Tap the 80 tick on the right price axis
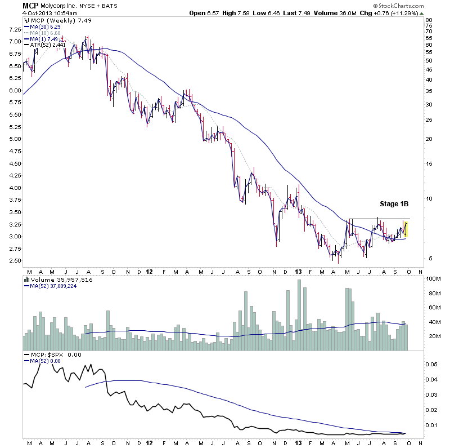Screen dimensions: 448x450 (429, 20)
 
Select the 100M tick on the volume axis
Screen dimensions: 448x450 (432, 279)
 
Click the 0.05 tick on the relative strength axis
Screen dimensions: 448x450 (431, 365)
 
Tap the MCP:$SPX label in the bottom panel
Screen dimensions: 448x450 (45, 355)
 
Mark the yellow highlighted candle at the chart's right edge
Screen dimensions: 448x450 (406, 229)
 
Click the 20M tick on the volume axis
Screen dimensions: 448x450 (431, 336)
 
